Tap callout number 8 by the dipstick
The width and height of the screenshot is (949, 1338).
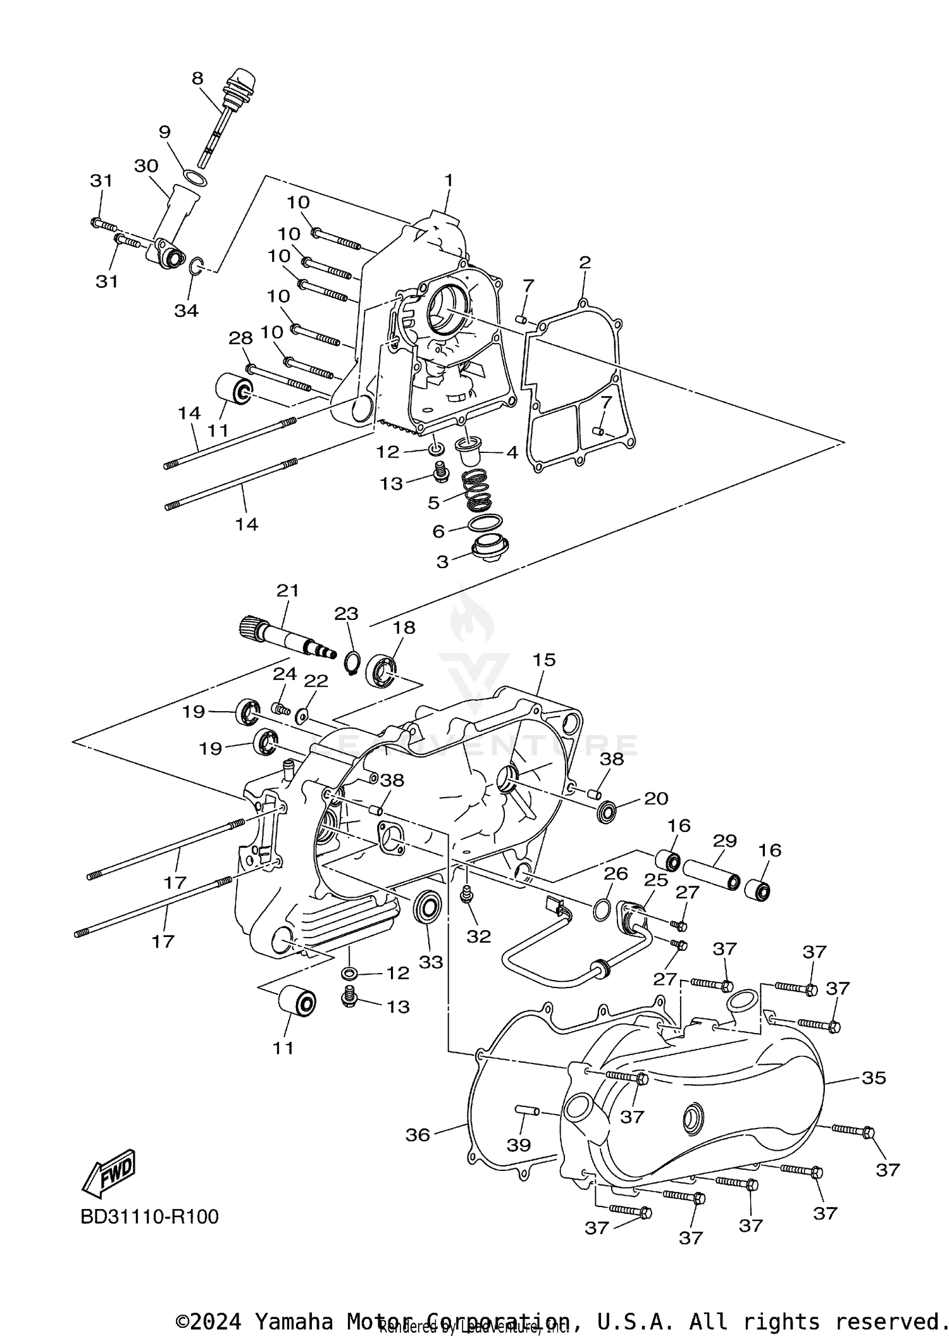pos(197,78)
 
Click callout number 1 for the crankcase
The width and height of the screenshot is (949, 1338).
pos(449,180)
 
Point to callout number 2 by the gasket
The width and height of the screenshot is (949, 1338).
pos(585,262)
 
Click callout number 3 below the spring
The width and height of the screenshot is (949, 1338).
pos(442,562)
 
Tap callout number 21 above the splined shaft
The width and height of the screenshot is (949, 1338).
pos(288,590)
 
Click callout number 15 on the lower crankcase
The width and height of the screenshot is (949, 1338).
pos(543,659)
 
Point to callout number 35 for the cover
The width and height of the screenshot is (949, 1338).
pos(874,1078)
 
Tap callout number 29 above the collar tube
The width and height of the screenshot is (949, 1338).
pos(725,841)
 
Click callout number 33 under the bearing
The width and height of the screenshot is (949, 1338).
pos(431,962)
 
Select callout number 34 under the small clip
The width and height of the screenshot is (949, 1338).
pos(187,311)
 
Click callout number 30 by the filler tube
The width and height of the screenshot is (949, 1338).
pos(146,166)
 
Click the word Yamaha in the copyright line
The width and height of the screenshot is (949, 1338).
pos(293,1322)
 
